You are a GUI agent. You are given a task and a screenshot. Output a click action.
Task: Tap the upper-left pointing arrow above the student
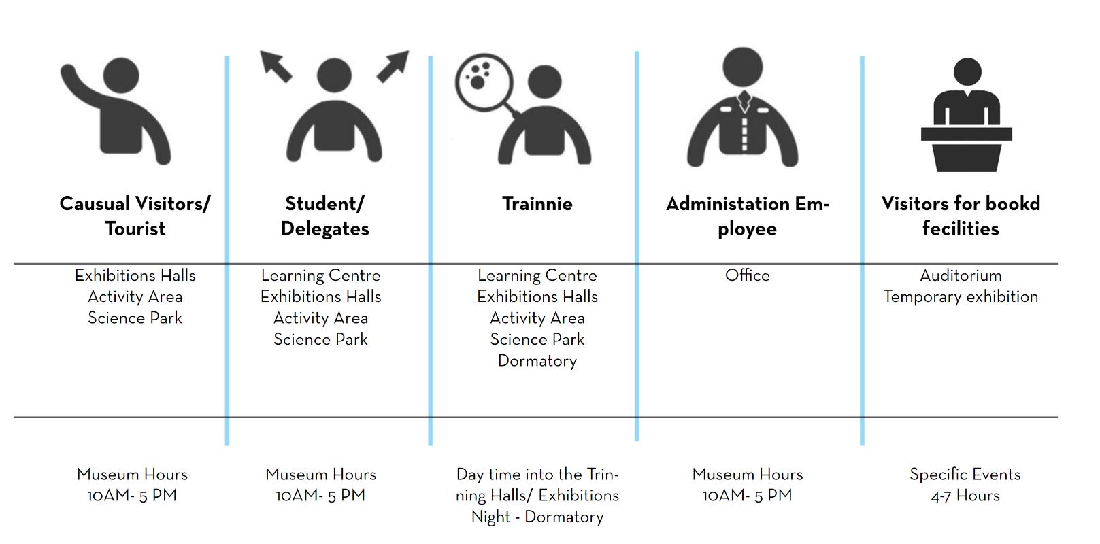coord(276,67)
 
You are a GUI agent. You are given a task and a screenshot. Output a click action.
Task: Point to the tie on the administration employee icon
coord(744,103)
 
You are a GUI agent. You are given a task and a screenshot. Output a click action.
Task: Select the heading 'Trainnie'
coord(537,204)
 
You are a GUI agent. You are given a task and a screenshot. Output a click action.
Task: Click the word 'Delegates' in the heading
coord(325,228)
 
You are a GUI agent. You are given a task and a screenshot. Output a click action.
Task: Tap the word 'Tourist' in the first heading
coord(135,228)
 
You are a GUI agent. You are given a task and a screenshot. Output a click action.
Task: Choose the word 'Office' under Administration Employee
coord(747,275)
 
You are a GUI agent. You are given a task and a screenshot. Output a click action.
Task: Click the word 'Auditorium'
coord(961,275)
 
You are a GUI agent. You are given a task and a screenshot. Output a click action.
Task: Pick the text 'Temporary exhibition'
coord(961,296)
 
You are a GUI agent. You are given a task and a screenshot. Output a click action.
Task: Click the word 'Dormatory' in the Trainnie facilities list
coord(537,360)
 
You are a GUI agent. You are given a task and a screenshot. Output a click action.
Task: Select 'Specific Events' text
coord(965,474)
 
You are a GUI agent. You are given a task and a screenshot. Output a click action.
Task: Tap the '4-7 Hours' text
coord(965,496)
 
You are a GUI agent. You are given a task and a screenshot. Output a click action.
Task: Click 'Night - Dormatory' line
coord(537,517)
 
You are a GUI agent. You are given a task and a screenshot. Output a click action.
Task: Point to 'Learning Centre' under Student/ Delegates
coord(320,275)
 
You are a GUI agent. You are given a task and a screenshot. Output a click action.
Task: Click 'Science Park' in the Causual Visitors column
coord(135,318)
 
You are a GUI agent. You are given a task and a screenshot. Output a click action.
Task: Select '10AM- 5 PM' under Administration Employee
coord(747,496)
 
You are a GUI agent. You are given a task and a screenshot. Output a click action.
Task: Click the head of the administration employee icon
coord(742,68)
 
